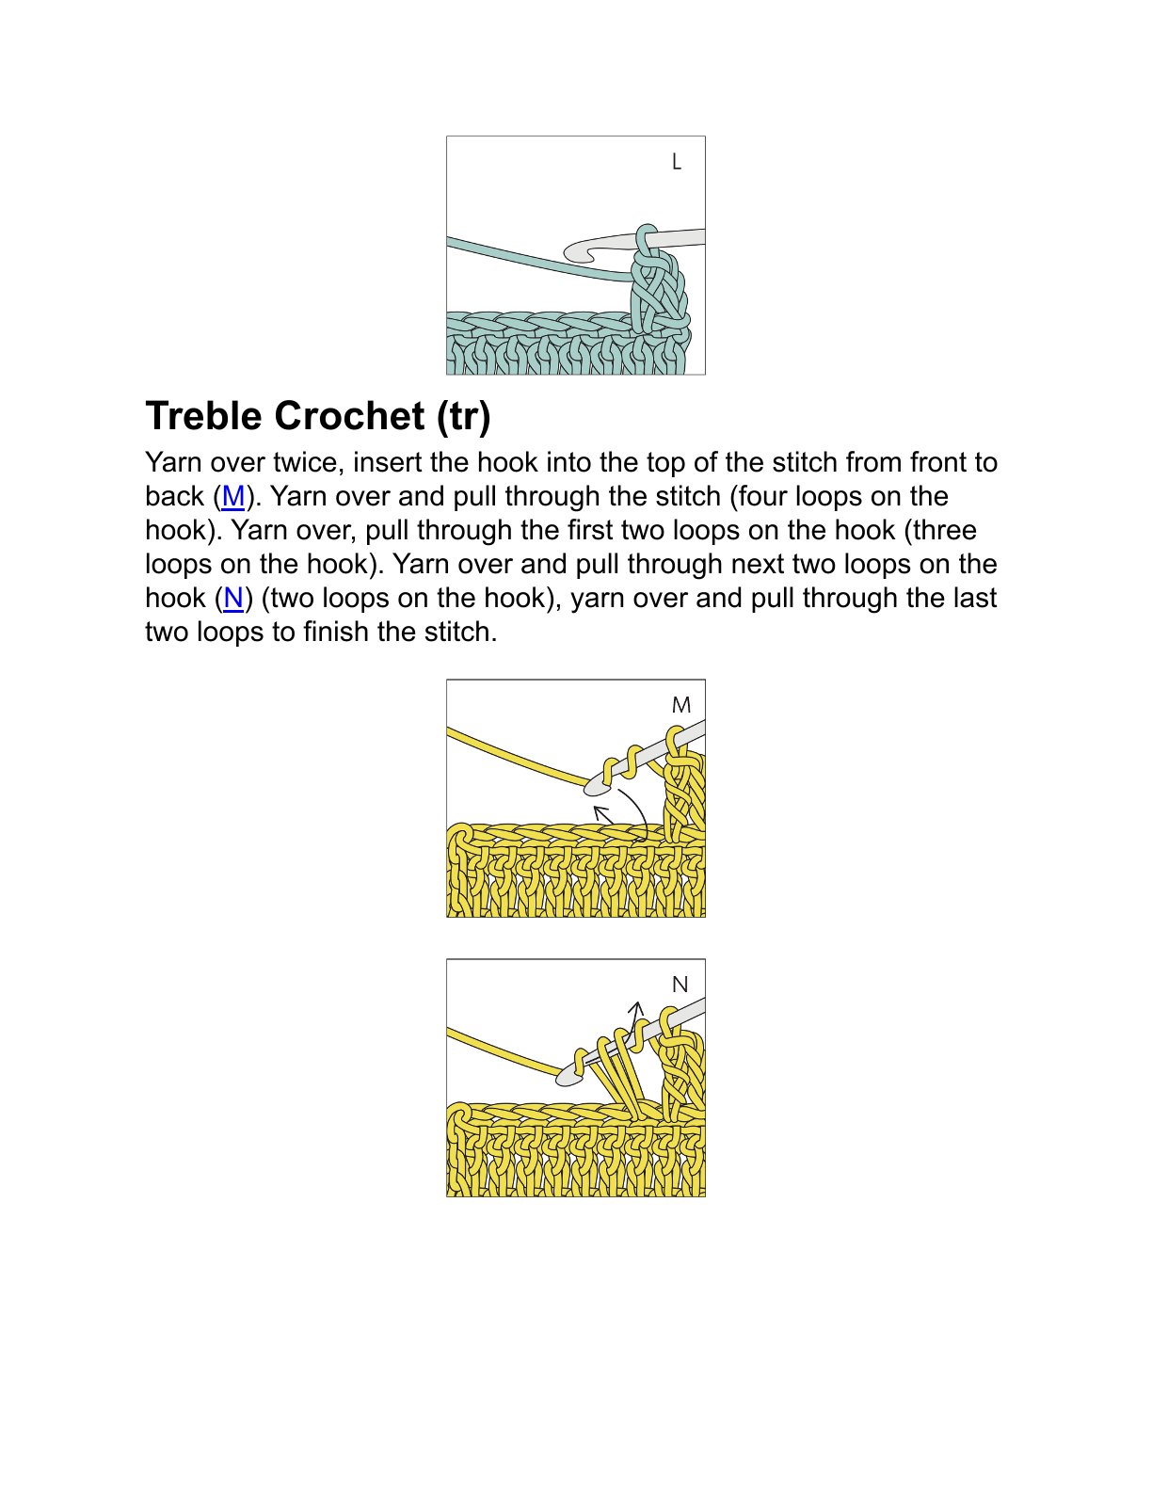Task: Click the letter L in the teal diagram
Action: click(676, 162)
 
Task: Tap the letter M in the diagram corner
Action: click(681, 705)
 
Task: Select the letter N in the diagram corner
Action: click(680, 985)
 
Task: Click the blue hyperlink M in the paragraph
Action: click(232, 496)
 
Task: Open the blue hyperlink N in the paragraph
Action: click(233, 598)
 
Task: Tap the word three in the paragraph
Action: click(944, 530)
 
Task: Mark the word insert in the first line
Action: click(388, 462)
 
